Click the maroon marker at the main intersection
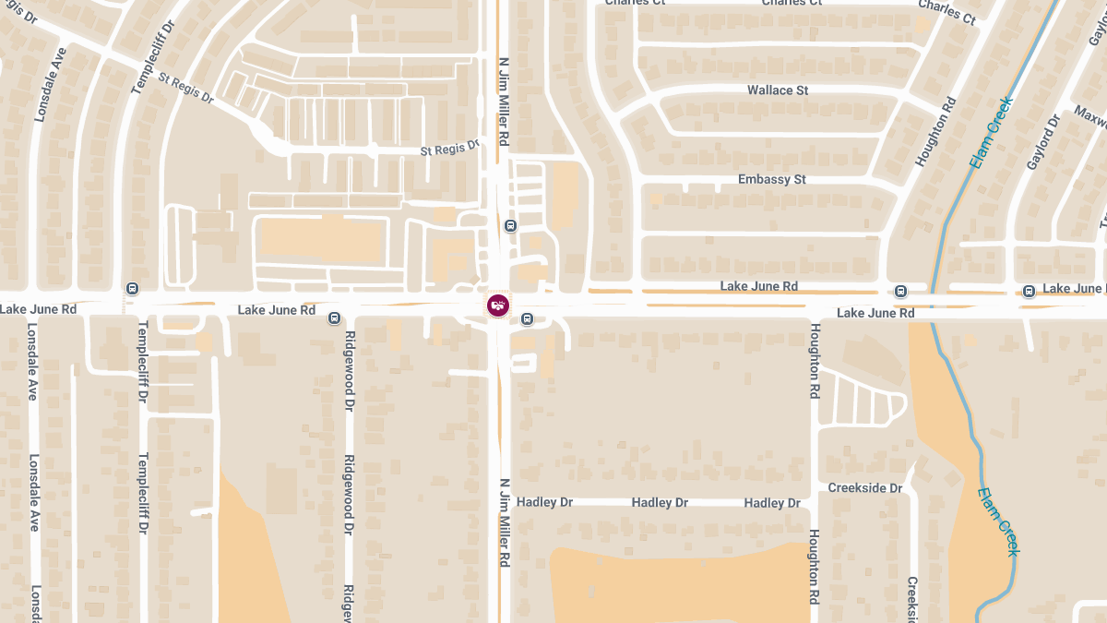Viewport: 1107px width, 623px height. coord(497,306)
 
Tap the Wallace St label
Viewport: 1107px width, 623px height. coord(777,90)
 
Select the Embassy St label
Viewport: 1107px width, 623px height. coord(772,179)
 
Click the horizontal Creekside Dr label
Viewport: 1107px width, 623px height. coord(864,488)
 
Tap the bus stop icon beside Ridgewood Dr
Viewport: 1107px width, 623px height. coord(335,318)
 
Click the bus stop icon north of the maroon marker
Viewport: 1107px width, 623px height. coord(510,226)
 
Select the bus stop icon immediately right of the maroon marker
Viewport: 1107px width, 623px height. coord(527,319)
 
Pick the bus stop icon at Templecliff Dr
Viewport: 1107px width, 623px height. coord(133,289)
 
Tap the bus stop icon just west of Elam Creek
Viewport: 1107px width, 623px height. coord(901,292)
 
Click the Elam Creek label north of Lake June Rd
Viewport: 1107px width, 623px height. coord(991,133)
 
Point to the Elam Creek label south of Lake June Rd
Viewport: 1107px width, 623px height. coord(998,521)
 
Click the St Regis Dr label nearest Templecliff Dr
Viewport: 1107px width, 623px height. coord(185,89)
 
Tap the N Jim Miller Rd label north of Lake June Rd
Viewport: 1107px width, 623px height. coord(504,102)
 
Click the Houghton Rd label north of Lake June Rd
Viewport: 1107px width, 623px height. coord(933,132)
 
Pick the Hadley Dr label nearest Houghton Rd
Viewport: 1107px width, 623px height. coord(772,503)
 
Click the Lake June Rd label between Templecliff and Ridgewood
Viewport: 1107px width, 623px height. coord(276,310)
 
